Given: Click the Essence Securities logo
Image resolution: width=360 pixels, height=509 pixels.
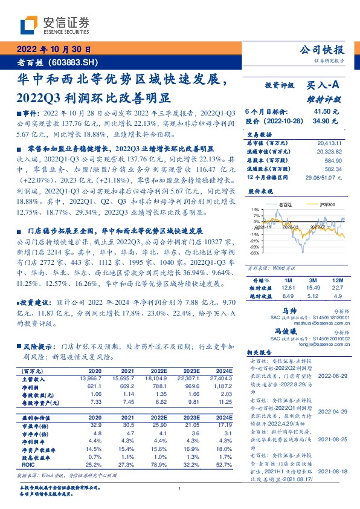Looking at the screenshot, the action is (54, 25).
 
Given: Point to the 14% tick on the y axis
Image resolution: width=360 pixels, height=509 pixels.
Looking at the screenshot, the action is (255, 209).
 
